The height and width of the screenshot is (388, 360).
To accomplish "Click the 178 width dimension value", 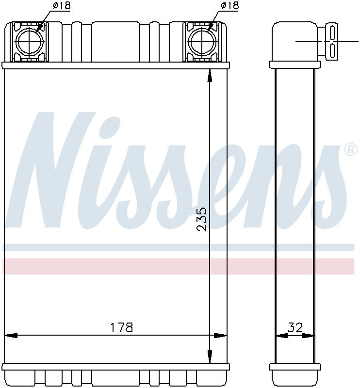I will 121,327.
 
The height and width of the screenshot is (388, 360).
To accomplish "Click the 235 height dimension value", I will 202,219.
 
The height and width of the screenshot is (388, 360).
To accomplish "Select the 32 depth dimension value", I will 295,328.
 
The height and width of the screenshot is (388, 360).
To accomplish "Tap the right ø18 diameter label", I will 229,5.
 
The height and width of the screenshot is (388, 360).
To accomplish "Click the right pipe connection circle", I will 201,41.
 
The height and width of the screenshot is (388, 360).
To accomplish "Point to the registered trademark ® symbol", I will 350,150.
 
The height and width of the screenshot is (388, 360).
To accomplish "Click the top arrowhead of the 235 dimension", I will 209,75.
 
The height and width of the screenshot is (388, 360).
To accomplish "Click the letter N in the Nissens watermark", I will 53,170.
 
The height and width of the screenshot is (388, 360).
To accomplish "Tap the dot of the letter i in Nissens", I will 115,125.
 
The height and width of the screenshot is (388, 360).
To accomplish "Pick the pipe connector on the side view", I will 332,41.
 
